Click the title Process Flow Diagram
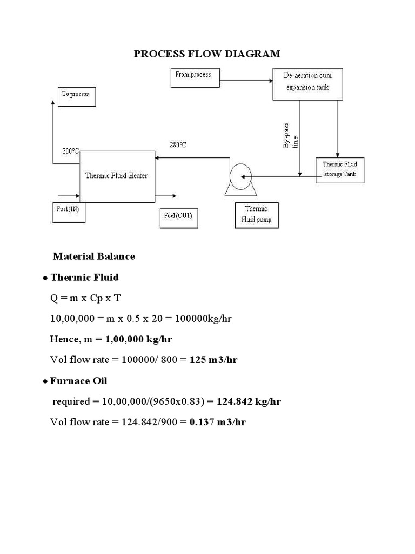point(207,54)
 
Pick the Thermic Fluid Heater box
point(116,175)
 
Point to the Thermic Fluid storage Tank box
point(340,169)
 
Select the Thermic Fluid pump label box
point(257,214)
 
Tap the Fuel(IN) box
point(66,212)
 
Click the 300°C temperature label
point(71,151)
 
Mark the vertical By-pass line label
point(291,138)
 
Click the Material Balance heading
point(94,256)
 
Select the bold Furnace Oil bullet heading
point(78,381)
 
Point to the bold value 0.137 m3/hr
point(217,422)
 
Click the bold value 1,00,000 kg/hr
point(139,339)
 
